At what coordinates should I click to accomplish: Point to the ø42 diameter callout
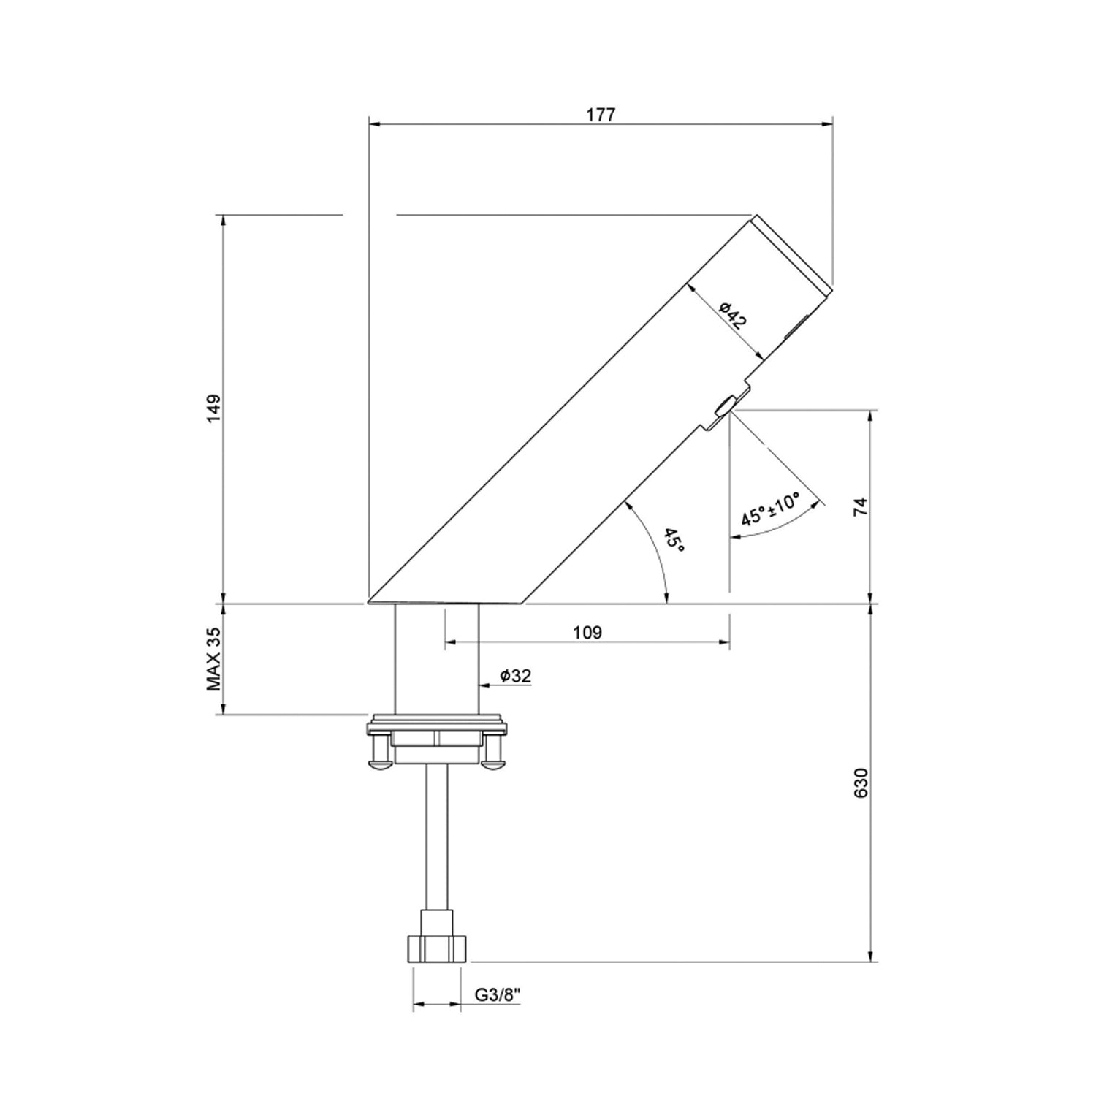point(732,316)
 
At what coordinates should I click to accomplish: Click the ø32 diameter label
point(515,677)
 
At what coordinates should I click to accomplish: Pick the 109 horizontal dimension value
point(587,633)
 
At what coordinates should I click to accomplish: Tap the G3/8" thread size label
point(497,995)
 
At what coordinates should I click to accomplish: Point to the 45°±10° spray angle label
point(771,509)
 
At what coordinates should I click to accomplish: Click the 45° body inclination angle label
point(674,540)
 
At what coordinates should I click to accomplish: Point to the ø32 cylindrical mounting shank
point(436,658)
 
